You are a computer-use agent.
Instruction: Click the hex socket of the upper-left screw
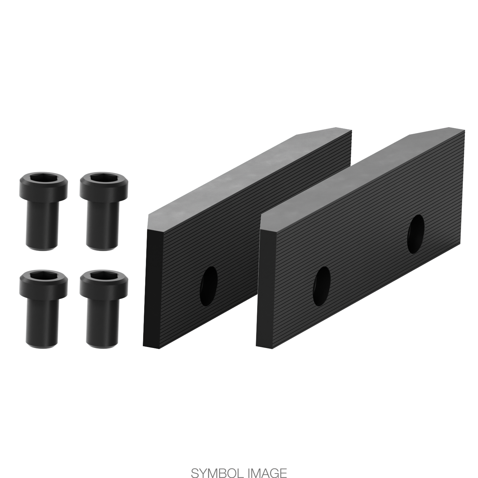click(44, 177)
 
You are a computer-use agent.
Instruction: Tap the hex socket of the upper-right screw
click(104, 177)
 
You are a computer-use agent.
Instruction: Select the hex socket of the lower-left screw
click(44, 275)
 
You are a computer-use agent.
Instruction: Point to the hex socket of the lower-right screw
click(104, 275)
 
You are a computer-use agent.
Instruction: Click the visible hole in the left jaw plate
click(209, 287)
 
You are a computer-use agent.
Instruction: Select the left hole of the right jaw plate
click(322, 286)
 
